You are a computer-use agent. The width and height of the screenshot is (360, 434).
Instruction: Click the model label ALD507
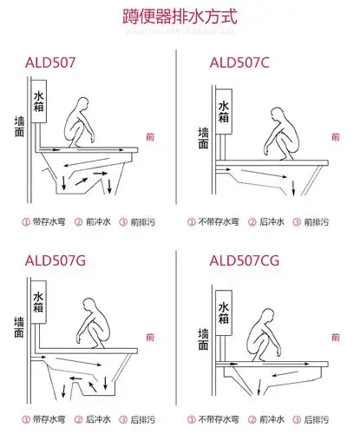click(52, 62)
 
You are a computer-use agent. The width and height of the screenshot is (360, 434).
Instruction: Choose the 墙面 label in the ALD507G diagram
click(19, 331)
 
